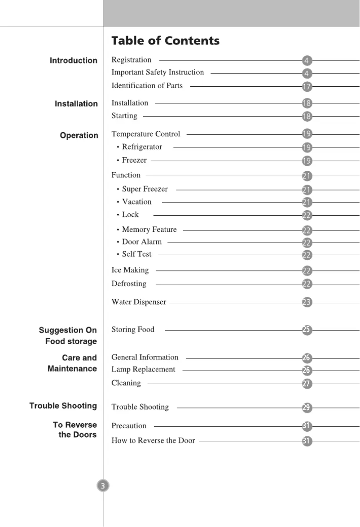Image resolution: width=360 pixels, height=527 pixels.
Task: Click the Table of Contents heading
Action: [x=165, y=41]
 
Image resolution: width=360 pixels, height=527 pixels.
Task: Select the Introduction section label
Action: [x=73, y=61]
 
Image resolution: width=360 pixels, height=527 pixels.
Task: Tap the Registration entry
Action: [x=131, y=60]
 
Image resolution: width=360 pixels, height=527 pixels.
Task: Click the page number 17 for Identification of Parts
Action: [x=307, y=87]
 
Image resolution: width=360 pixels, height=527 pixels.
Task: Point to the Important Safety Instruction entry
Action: [x=158, y=72]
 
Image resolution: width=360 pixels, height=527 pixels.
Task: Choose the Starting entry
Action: [x=124, y=116]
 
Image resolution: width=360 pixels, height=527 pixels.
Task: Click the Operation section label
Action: [x=79, y=135]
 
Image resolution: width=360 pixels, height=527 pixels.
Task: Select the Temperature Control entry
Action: [x=145, y=134]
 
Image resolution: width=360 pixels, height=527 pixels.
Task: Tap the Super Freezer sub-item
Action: [x=145, y=189]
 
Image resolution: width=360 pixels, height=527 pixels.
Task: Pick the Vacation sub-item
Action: [x=136, y=202]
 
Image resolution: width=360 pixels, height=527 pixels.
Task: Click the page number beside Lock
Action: [x=307, y=216]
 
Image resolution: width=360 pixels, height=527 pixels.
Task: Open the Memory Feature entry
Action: [x=149, y=230]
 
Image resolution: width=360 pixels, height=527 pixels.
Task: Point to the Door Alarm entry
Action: [x=141, y=242]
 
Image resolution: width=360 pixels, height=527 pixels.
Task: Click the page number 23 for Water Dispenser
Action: [x=307, y=303]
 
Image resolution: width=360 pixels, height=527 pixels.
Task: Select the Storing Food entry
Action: [x=132, y=330]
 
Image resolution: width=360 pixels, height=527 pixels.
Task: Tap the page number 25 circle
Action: [x=307, y=330]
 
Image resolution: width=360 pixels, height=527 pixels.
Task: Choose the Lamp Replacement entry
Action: [x=143, y=369]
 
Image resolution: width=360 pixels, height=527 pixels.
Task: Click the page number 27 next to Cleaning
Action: [x=307, y=384]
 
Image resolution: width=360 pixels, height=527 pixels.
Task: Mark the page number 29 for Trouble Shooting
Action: [x=307, y=408]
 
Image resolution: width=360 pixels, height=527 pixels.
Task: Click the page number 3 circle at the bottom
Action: [x=103, y=486]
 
